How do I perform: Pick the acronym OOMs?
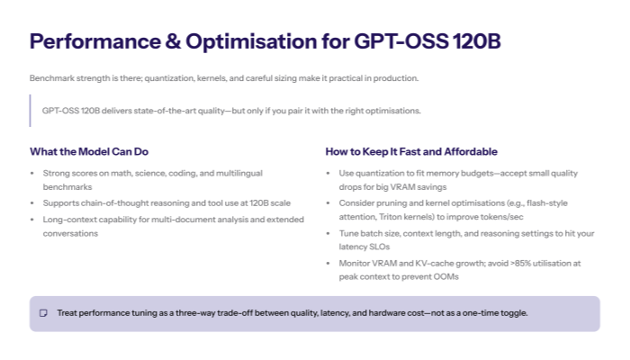point(445,277)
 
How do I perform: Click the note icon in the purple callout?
point(43,313)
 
